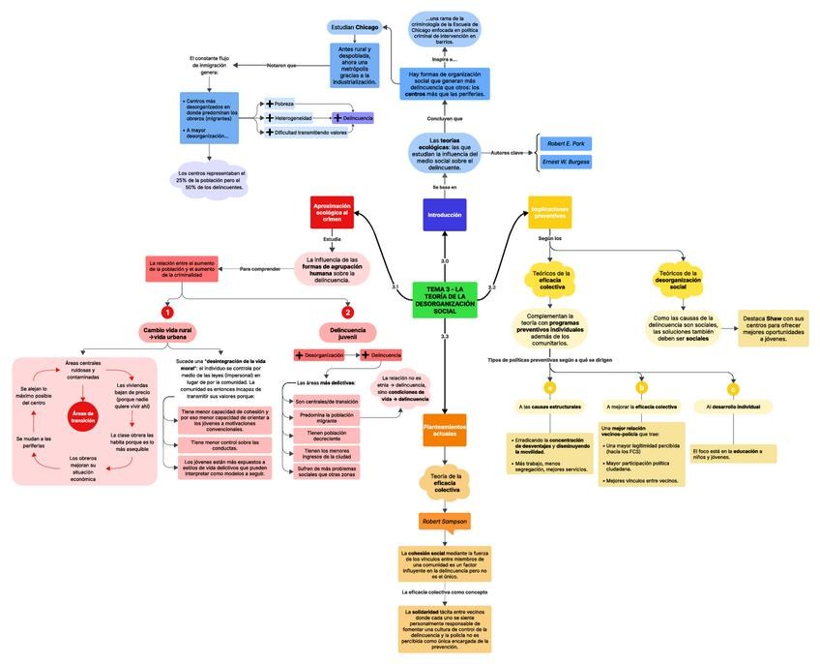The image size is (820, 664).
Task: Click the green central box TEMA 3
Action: tap(445, 300)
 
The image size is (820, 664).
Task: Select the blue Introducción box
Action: tap(444, 215)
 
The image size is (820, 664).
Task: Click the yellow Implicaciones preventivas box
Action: tap(550, 212)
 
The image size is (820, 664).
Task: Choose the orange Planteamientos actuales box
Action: tap(445, 428)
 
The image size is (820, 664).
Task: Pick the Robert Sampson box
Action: tap(445, 522)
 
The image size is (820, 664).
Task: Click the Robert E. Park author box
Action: tap(565, 143)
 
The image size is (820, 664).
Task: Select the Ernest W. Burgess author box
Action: tap(565, 162)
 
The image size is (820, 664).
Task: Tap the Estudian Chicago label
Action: tap(355, 27)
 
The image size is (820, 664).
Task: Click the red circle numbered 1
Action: tap(167, 312)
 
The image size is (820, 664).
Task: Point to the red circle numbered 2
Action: tap(348, 312)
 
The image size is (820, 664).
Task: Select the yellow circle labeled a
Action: tap(549, 387)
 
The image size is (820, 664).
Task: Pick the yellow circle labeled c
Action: tap(733, 388)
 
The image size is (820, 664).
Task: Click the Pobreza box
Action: tap(282, 103)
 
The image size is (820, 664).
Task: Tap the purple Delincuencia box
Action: tap(353, 118)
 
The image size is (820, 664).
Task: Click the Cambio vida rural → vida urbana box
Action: tap(167, 334)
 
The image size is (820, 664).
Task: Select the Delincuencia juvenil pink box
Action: tap(348, 334)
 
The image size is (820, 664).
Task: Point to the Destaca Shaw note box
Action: tap(773, 328)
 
